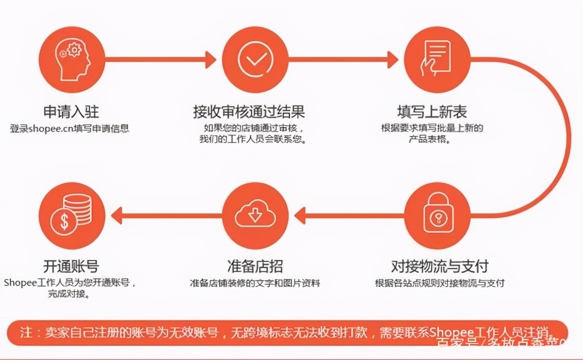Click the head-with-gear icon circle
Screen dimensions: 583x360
(x=72, y=60)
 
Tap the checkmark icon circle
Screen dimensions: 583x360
(x=255, y=60)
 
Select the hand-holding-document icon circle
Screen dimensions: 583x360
(x=437, y=60)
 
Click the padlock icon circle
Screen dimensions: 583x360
(x=437, y=216)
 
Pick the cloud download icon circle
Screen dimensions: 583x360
(x=255, y=216)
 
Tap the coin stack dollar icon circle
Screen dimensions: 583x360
(x=72, y=216)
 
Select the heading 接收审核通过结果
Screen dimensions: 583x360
(x=249, y=112)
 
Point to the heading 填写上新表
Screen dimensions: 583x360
(x=432, y=112)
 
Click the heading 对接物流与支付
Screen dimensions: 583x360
(x=440, y=266)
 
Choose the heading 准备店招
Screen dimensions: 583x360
(x=255, y=266)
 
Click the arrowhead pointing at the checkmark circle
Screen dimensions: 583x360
(x=210, y=60)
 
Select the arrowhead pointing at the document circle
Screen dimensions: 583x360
(x=393, y=60)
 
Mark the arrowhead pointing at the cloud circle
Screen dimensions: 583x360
(x=300, y=216)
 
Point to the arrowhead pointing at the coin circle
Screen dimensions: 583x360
(x=117, y=216)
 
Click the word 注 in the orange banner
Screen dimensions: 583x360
(x=26, y=332)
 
